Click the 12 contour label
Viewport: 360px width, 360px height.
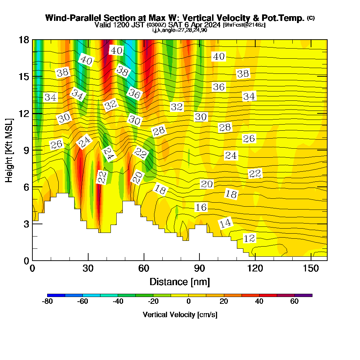tap(249, 238)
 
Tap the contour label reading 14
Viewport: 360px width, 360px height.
tap(225, 224)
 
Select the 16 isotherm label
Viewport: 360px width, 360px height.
tap(201, 207)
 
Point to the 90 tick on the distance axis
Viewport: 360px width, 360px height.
tap(199, 269)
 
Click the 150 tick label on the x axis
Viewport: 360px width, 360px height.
tap(311, 269)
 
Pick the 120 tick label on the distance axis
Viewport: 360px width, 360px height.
tap(255, 269)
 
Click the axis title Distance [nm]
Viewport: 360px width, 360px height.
tap(180, 282)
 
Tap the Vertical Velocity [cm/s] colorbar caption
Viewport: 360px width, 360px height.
tap(180, 315)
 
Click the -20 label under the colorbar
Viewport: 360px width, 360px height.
tap(153, 302)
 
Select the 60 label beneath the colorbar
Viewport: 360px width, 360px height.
tap(294, 302)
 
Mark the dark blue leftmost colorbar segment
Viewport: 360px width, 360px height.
tap(56, 295)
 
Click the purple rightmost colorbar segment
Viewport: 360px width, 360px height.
tap(303, 295)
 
